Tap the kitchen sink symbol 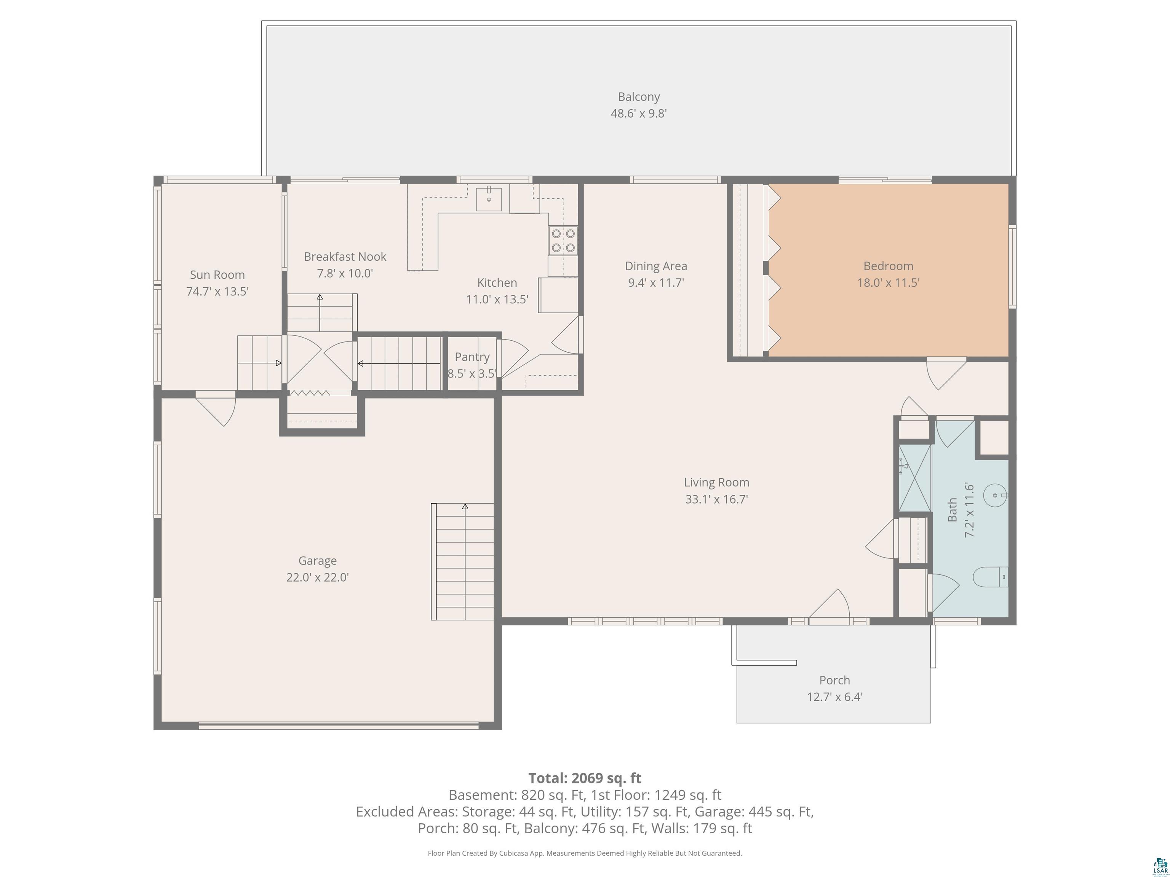click(x=489, y=198)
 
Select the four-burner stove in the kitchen click(x=563, y=241)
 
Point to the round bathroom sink click(x=996, y=495)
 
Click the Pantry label click(x=472, y=357)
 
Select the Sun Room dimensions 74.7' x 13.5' click(x=217, y=291)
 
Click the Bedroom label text click(x=888, y=266)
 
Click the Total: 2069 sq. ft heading click(x=585, y=778)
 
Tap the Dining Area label click(x=656, y=266)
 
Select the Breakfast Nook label click(x=345, y=257)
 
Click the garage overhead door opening click(x=339, y=726)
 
